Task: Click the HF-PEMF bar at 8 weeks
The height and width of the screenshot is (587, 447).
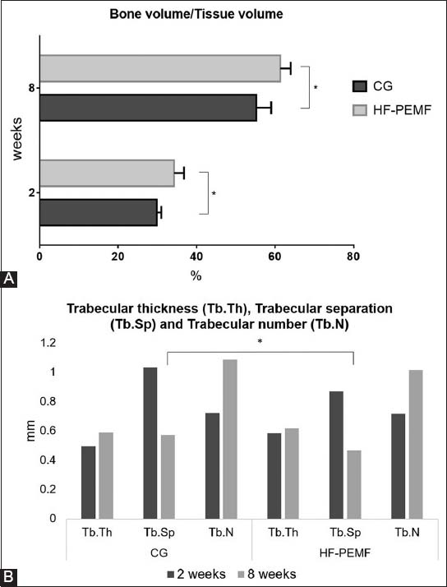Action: (160, 68)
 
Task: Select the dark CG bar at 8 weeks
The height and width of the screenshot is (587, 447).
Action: (148, 108)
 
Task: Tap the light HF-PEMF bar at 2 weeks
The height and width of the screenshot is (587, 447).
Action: (107, 173)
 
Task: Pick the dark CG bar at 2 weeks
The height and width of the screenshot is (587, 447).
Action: (99, 212)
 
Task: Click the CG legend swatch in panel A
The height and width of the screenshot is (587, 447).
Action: (360, 87)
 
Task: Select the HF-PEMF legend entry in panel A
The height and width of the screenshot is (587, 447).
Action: (392, 110)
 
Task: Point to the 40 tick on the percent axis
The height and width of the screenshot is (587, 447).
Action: (196, 257)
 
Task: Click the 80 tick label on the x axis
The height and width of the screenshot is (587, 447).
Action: (353, 257)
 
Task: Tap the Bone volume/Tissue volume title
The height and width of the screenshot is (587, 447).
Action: (196, 15)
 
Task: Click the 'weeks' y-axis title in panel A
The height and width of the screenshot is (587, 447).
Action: (17, 139)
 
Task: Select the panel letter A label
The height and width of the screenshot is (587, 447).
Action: (8, 280)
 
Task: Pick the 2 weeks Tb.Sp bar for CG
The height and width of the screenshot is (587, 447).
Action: (150, 443)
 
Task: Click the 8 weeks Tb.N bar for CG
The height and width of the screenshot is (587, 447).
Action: (230, 440)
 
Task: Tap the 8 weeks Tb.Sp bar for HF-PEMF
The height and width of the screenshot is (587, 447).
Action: (354, 485)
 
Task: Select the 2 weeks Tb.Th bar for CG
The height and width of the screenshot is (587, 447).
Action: (88, 483)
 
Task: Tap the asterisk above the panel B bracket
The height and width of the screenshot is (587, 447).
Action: (260, 342)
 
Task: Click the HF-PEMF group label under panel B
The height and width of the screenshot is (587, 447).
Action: (345, 553)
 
